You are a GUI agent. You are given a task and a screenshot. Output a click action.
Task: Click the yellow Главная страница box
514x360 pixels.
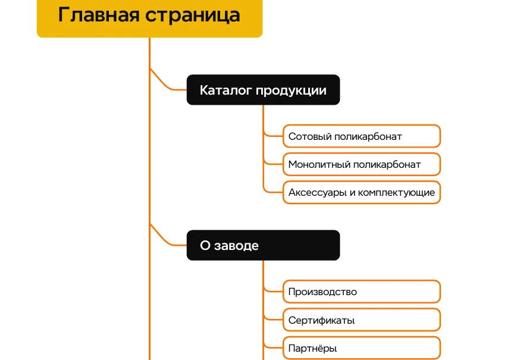click(150, 18)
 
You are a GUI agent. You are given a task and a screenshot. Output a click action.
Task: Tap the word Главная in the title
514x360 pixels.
click(99, 15)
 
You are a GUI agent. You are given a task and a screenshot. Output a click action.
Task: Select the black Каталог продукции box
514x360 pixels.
click(263, 90)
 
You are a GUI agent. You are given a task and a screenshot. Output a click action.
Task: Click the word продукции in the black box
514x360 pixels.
click(291, 90)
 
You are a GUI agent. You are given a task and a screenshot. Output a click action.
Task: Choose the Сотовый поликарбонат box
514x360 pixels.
click(362, 136)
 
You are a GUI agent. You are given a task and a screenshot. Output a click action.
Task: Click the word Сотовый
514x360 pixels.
click(310, 136)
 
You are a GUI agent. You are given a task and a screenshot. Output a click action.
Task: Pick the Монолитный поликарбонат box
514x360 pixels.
click(362, 164)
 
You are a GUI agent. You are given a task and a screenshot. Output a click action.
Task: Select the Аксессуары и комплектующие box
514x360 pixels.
click(362, 192)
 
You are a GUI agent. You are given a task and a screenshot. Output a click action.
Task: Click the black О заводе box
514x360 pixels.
click(263, 245)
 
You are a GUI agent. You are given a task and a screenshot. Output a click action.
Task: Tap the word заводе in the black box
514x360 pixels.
click(236, 246)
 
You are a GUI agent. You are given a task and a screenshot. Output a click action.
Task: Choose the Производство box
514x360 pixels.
click(362, 292)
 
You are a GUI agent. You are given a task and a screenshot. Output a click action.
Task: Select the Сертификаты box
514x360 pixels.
click(362, 320)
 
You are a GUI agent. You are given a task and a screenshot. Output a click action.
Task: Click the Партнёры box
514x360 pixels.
click(362, 348)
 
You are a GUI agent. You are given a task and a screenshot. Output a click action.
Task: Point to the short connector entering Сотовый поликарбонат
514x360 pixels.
click(272, 135)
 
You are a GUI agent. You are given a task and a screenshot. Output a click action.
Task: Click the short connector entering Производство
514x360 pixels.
click(272, 290)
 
